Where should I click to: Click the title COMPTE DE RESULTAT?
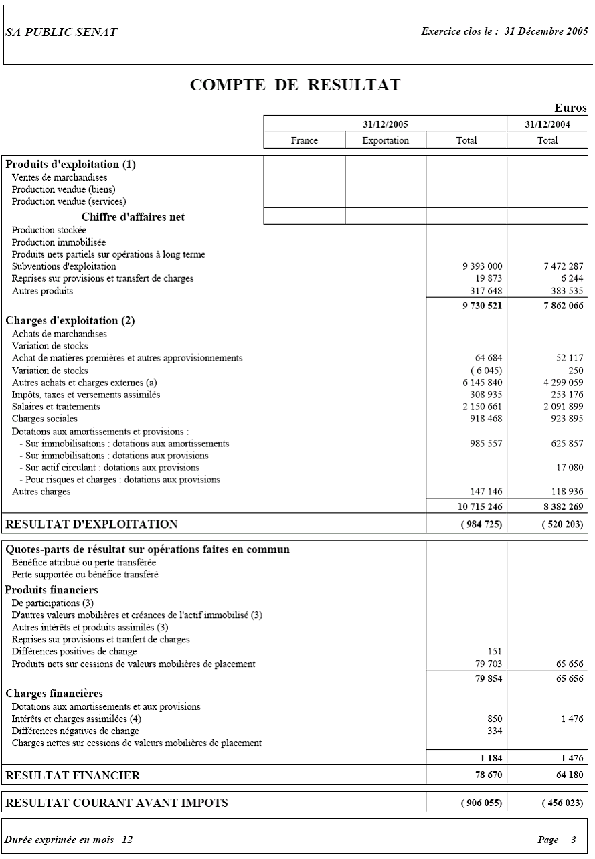pyautogui.click(x=295, y=85)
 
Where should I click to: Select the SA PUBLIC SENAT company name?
pyautogui.click(x=62, y=32)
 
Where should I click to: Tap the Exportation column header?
pyautogui.click(x=386, y=140)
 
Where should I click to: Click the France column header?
pyautogui.click(x=305, y=140)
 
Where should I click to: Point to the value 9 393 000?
pyautogui.click(x=482, y=266)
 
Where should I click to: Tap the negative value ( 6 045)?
pyautogui.click(x=484, y=371)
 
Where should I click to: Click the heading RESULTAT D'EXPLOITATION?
pyautogui.click(x=92, y=524)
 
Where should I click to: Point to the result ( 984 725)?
pyautogui.click(x=481, y=524)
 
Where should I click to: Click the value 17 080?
pyautogui.click(x=569, y=467)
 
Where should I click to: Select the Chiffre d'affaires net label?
pyautogui.click(x=133, y=217)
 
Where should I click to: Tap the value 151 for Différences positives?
pyautogui.click(x=495, y=652)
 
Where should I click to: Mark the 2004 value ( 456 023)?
pyautogui.click(x=562, y=803)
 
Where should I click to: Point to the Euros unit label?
pyautogui.click(x=570, y=108)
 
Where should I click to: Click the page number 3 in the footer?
pyautogui.click(x=573, y=840)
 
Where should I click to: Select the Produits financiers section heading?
pyautogui.click(x=52, y=590)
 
